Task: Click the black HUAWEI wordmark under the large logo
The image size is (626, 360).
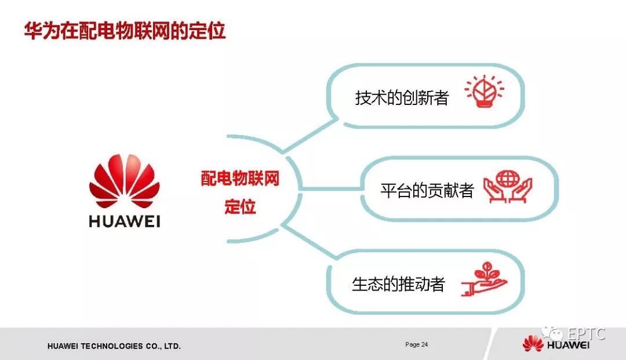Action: click(x=124, y=221)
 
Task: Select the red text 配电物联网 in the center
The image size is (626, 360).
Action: click(x=240, y=179)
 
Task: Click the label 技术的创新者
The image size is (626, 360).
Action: click(x=402, y=97)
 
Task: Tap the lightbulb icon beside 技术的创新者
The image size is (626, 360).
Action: click(x=484, y=93)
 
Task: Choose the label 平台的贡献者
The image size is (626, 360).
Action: click(x=427, y=190)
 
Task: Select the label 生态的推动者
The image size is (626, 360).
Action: click(x=398, y=284)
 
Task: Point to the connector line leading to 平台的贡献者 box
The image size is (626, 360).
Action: click(x=330, y=189)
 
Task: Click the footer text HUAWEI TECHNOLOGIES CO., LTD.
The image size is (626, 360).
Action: click(x=114, y=346)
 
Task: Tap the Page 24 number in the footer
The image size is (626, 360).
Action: click(x=416, y=344)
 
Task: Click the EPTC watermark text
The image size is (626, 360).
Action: click(x=586, y=334)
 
